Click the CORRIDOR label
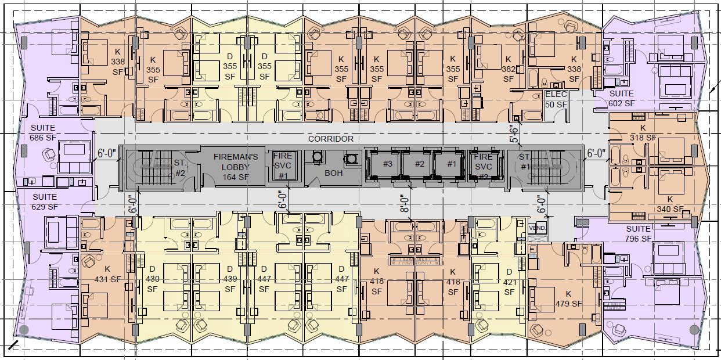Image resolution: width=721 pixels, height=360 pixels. point(330,139)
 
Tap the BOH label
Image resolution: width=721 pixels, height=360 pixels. point(333,173)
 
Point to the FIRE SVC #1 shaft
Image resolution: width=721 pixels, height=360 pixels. point(283,165)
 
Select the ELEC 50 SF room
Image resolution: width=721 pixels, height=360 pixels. point(556,99)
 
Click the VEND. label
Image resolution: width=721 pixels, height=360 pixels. point(538,228)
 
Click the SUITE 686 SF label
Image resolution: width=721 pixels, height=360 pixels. point(43,132)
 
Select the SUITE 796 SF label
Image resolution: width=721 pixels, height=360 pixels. point(639,234)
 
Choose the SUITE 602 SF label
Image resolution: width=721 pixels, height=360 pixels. point(622,99)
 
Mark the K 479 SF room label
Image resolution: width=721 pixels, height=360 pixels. point(569,299)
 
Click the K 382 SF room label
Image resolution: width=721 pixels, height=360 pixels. point(509,69)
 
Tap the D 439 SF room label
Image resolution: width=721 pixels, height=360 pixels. point(230,279)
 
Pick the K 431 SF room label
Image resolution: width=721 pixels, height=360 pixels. point(107,274)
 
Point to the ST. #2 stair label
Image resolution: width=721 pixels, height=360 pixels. point(180,168)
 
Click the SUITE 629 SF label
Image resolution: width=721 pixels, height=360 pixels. point(45,201)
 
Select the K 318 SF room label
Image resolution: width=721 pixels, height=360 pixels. point(643,132)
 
